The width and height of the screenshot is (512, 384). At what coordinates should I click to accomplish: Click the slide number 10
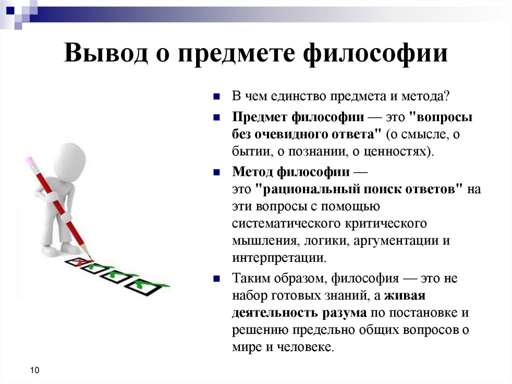[34, 370]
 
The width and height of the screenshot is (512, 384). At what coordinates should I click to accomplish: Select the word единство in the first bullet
[296, 96]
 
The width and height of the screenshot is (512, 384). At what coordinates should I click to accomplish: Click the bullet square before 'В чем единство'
[216, 96]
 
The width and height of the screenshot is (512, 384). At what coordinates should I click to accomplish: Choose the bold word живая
[405, 295]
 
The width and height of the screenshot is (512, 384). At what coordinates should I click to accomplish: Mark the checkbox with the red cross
[78, 261]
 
